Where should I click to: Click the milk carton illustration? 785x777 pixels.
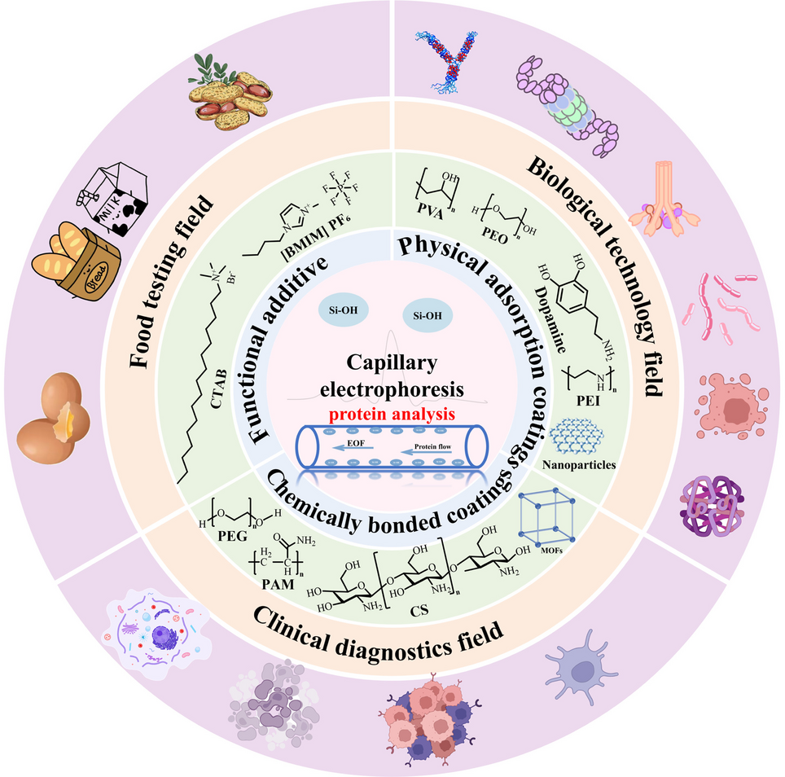113,206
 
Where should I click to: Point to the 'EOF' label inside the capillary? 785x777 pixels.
355,444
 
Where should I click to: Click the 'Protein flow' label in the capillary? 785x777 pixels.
435,446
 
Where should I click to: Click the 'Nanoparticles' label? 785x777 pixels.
579,467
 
